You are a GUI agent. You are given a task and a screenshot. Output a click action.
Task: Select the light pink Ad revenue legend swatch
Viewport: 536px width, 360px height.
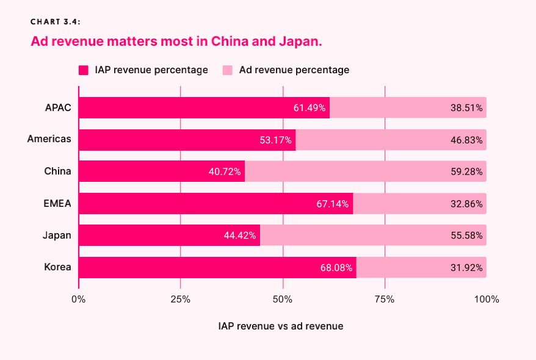tap(228, 70)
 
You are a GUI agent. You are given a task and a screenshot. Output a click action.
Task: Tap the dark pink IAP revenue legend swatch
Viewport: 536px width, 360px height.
tap(84, 70)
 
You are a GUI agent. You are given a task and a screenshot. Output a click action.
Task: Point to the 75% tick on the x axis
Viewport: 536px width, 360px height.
tap(385, 300)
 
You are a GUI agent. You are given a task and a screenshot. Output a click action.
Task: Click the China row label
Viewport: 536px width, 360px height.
tap(57, 171)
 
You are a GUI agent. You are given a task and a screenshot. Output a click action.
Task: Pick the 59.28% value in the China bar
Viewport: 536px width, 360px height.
tap(466, 172)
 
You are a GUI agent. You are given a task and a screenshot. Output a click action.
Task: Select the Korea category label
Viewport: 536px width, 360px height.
tap(57, 267)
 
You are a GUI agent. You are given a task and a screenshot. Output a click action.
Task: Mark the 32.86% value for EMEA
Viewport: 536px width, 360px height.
tap(466, 204)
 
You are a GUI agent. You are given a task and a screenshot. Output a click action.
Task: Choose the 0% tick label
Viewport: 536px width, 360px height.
tap(79, 300)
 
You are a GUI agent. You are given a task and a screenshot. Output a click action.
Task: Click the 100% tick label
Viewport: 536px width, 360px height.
tap(486, 300)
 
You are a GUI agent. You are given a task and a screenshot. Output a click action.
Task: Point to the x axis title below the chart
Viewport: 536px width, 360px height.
tap(281, 326)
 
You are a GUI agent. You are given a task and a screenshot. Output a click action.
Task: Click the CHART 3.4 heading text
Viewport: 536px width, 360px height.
tap(56, 22)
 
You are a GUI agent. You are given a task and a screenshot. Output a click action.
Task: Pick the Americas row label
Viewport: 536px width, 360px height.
tap(49, 139)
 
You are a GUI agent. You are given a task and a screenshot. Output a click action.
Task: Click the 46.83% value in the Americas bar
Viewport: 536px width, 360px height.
tap(466, 140)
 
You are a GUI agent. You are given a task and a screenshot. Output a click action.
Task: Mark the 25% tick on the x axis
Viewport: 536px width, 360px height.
tap(180, 300)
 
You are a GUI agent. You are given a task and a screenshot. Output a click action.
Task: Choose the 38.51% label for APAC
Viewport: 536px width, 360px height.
tap(466, 108)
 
